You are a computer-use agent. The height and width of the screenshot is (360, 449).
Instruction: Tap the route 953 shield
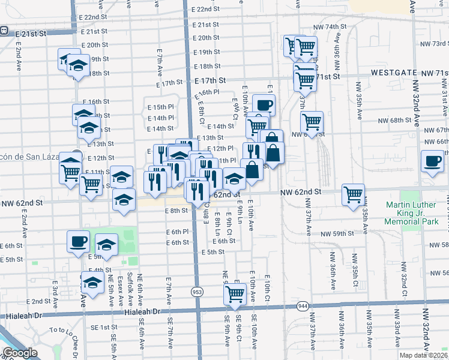197,291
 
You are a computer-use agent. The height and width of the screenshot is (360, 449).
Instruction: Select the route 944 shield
302,307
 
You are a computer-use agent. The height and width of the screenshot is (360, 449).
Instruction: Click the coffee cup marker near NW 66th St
432,160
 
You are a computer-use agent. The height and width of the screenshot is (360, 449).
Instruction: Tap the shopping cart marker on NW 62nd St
353,194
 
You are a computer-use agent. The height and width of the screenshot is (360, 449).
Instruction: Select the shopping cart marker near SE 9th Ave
235,293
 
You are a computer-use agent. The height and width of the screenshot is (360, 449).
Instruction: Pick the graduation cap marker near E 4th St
92,283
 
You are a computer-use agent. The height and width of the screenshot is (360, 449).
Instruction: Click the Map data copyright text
423,354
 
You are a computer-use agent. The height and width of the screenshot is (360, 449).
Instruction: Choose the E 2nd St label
38,301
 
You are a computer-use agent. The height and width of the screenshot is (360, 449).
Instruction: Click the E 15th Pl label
161,107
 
